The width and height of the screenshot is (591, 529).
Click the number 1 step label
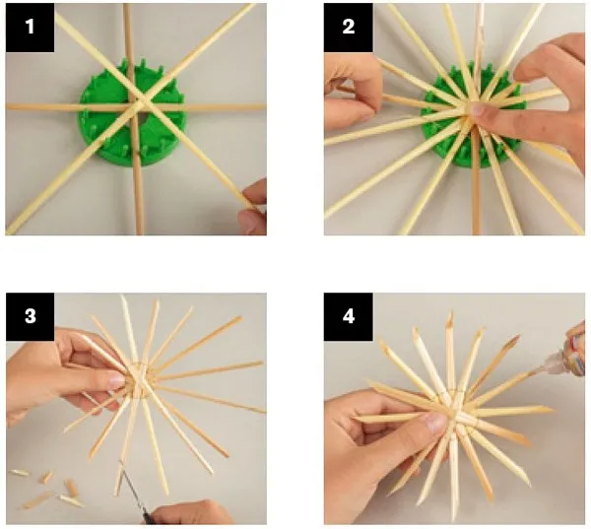coord(30,28)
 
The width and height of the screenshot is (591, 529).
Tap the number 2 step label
coord(349,28)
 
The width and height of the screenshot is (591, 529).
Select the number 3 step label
coord(31,316)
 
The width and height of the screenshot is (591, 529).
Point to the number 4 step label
coord(349,316)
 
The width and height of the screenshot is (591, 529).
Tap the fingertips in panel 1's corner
coord(253,207)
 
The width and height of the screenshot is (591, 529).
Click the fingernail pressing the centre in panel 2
coord(477,109)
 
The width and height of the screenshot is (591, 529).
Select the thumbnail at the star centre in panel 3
coord(116,381)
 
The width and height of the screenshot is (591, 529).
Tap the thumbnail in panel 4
coord(435,423)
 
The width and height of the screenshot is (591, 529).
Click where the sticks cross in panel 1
coord(140,102)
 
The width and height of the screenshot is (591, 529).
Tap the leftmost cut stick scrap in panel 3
coord(20,473)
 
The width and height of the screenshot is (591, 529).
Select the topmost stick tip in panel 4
coord(450,313)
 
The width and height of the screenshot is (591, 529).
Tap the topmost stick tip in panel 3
coord(122,296)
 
